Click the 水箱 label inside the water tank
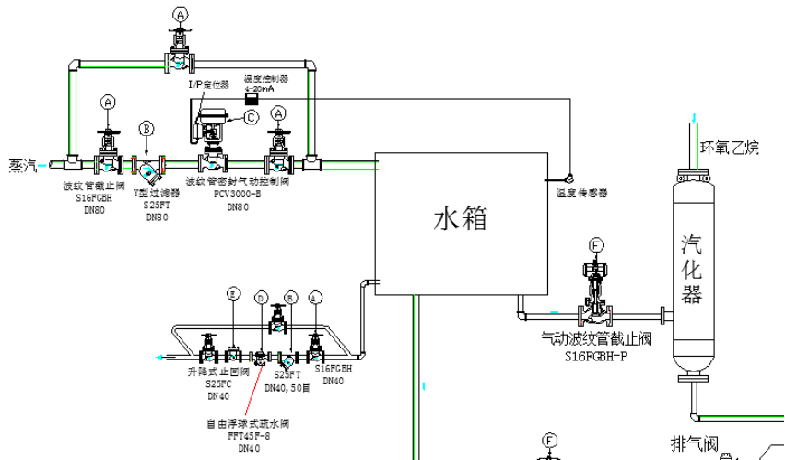(x=460, y=219)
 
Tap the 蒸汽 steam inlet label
(x=22, y=166)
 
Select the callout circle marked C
(x=252, y=117)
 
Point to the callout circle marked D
(x=262, y=298)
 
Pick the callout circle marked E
(x=234, y=294)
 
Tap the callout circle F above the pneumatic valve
(x=596, y=245)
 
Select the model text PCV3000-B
(x=238, y=195)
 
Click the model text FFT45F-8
(x=250, y=437)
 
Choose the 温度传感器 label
(x=581, y=194)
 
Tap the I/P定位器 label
(x=206, y=85)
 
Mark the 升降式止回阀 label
(x=218, y=372)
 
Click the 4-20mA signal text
(x=259, y=88)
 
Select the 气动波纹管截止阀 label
(x=596, y=339)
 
